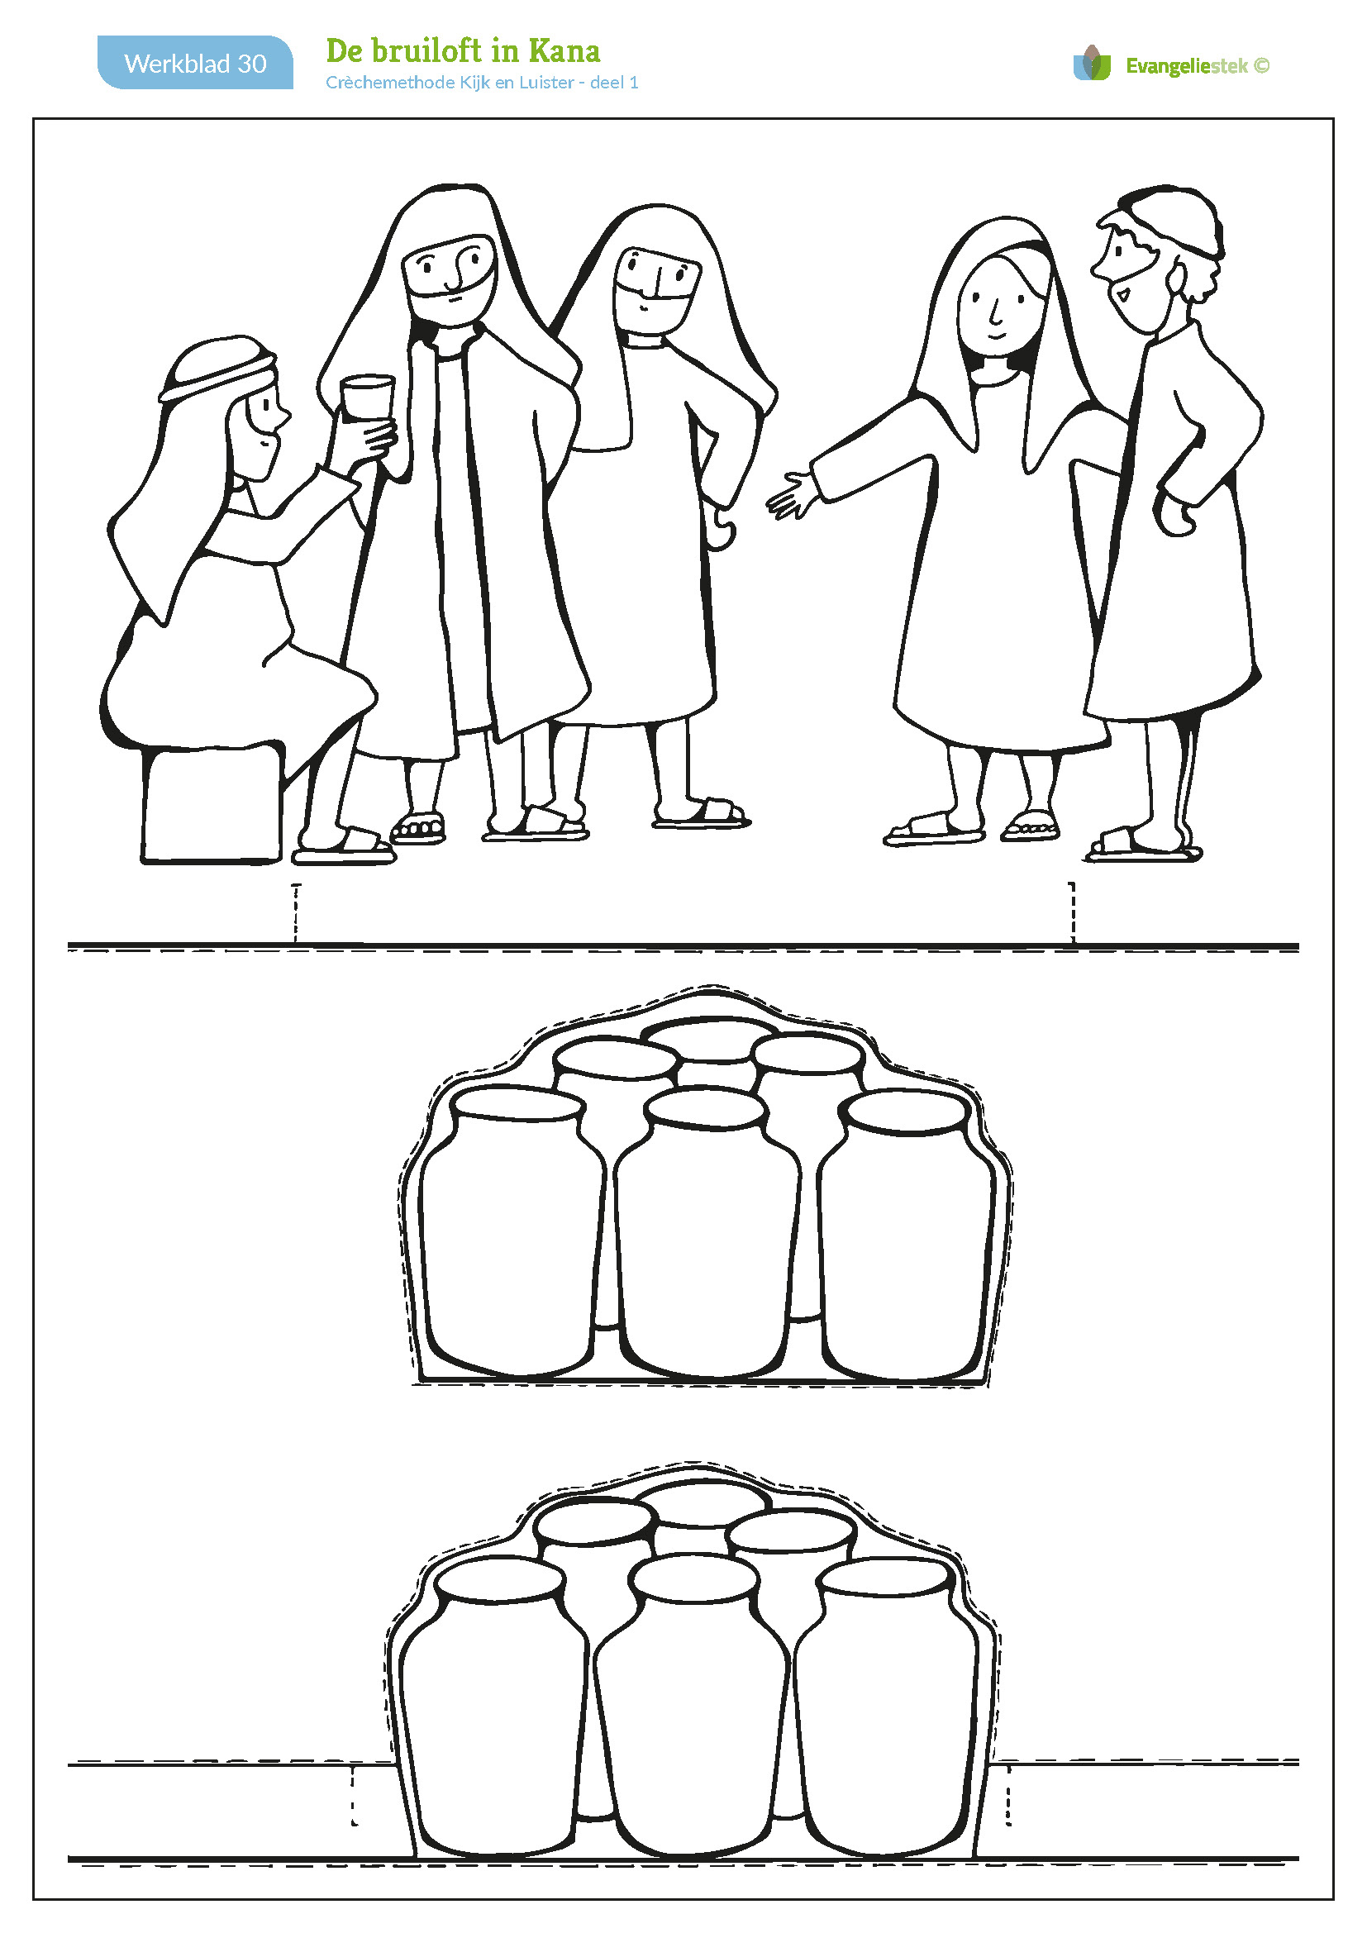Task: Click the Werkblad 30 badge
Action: tap(195, 62)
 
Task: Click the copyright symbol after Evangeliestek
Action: tap(1261, 65)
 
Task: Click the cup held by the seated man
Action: tap(367, 397)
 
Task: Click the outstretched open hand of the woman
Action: tap(791, 495)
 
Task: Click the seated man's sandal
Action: tap(344, 848)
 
